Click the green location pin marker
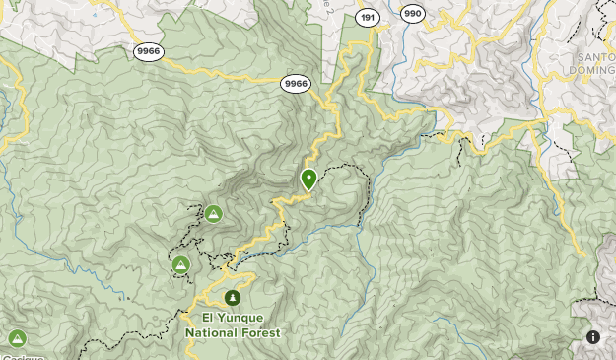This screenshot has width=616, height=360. (x=308, y=179)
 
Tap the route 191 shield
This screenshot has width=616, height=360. (x=369, y=17)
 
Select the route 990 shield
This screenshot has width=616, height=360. (x=413, y=13)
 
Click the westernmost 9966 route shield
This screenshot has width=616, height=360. (x=149, y=52)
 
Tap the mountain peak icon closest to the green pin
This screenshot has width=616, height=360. (x=214, y=212)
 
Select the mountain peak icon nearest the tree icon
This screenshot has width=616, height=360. (x=180, y=264)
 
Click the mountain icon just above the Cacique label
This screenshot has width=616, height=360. (x=17, y=338)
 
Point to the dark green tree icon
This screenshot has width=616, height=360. (x=233, y=296)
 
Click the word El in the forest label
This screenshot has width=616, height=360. (x=209, y=318)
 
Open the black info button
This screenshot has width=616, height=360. (x=592, y=336)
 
